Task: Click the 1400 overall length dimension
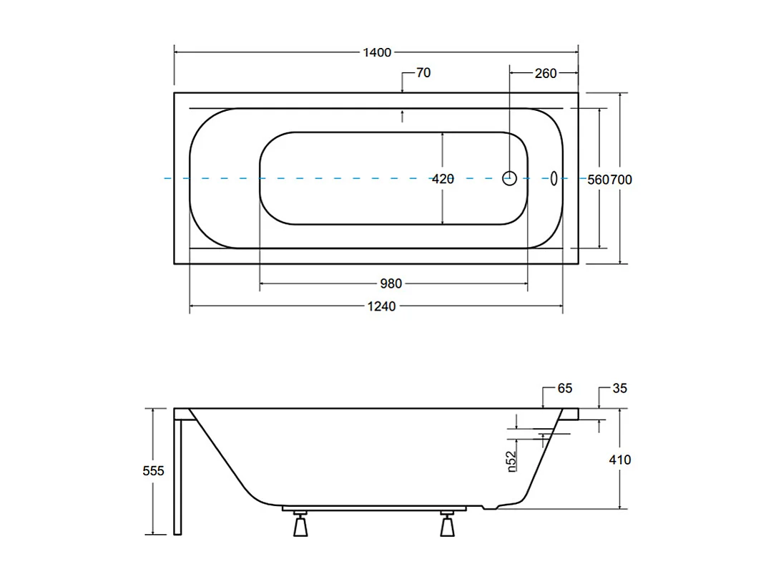[377, 52]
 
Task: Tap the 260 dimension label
[545, 73]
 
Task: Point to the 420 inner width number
[443, 179]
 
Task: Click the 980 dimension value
[391, 284]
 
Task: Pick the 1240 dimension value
[381, 306]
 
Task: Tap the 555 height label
[154, 470]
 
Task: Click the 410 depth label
[620, 460]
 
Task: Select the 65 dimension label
[565, 389]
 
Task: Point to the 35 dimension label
[619, 389]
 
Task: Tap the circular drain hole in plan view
[510, 178]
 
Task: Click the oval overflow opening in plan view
[554, 178]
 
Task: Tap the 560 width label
[598, 180]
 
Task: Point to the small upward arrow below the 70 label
[403, 115]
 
